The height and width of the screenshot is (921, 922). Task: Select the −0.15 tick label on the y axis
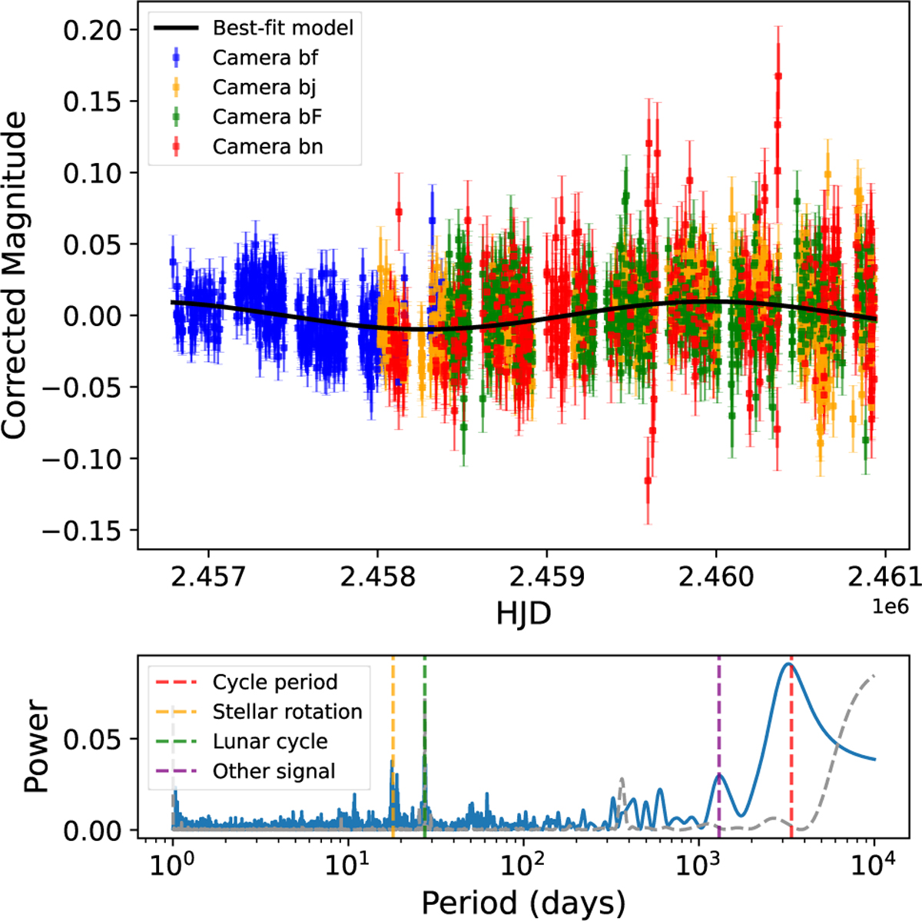pyautogui.click(x=81, y=530)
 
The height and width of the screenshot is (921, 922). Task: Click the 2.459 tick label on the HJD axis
pyautogui.click(x=546, y=577)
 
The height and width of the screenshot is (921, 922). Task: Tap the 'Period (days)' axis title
pyautogui.click(x=523, y=899)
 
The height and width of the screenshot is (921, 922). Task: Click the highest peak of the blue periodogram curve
pyautogui.click(x=788, y=663)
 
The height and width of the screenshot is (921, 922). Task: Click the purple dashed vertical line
pyautogui.click(x=719, y=738)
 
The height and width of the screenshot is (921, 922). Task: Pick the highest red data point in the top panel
pyautogui.click(x=778, y=75)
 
